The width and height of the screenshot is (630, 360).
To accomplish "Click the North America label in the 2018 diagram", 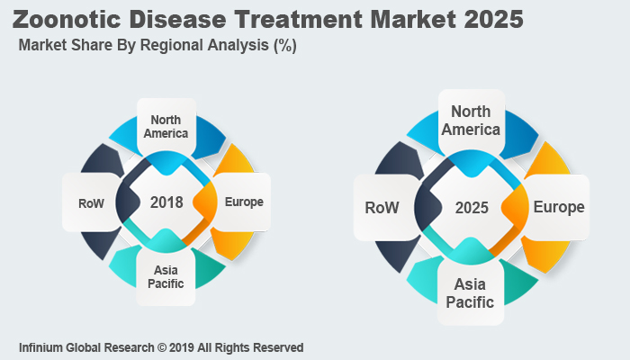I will (x=169, y=127).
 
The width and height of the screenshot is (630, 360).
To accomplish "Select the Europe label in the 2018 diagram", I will (x=244, y=202).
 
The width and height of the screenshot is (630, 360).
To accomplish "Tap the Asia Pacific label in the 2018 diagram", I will (x=166, y=276).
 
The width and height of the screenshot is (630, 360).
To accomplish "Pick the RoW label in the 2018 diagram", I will (x=92, y=202).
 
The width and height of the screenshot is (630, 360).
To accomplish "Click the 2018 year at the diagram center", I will (x=166, y=202).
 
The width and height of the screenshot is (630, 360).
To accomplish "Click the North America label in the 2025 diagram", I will (x=471, y=120).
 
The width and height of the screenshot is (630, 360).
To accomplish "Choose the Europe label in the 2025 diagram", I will (x=558, y=207).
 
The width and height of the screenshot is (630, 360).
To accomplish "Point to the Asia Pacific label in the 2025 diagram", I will (x=470, y=293).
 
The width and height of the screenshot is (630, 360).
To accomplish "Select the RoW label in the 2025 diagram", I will (x=382, y=208).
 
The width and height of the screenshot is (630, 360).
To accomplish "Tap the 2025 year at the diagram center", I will (x=472, y=208).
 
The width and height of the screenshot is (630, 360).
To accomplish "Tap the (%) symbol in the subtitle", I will (x=285, y=46).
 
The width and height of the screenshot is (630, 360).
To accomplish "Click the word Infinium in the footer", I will (x=42, y=347).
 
